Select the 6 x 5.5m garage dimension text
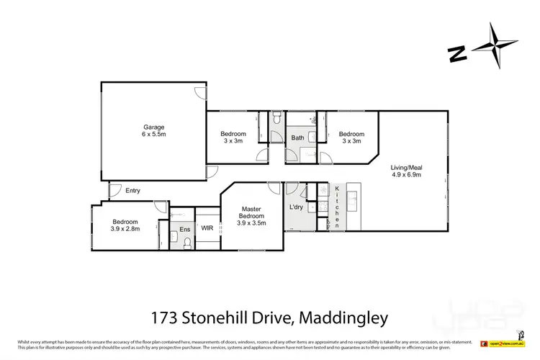(153, 135)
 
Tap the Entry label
(132, 191)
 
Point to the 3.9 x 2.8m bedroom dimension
(125, 228)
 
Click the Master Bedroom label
(251, 212)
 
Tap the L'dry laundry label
(296, 207)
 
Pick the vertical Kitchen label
(336, 207)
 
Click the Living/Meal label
(405, 166)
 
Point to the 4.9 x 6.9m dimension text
(405, 174)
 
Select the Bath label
(297, 138)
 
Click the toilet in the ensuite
(186, 243)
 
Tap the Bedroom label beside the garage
(233, 134)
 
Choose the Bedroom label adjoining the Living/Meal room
(351, 134)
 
